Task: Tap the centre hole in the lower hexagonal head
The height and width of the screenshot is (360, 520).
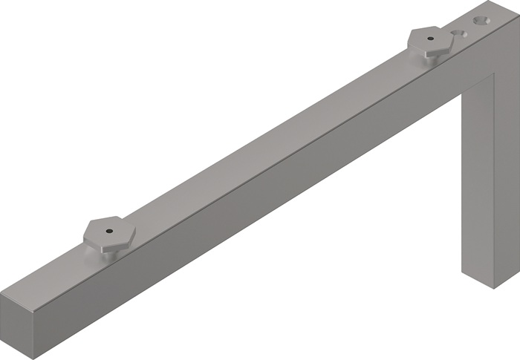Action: tap(108, 231)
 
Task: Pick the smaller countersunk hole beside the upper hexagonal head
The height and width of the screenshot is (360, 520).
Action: tap(458, 34)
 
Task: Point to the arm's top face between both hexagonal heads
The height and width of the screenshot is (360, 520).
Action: tap(267, 141)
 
